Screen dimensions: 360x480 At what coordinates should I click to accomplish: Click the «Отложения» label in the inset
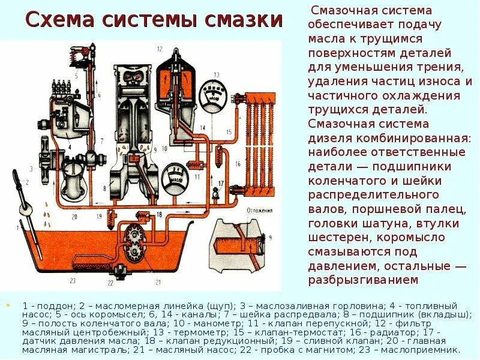pyautogui.click(x=259, y=211)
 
